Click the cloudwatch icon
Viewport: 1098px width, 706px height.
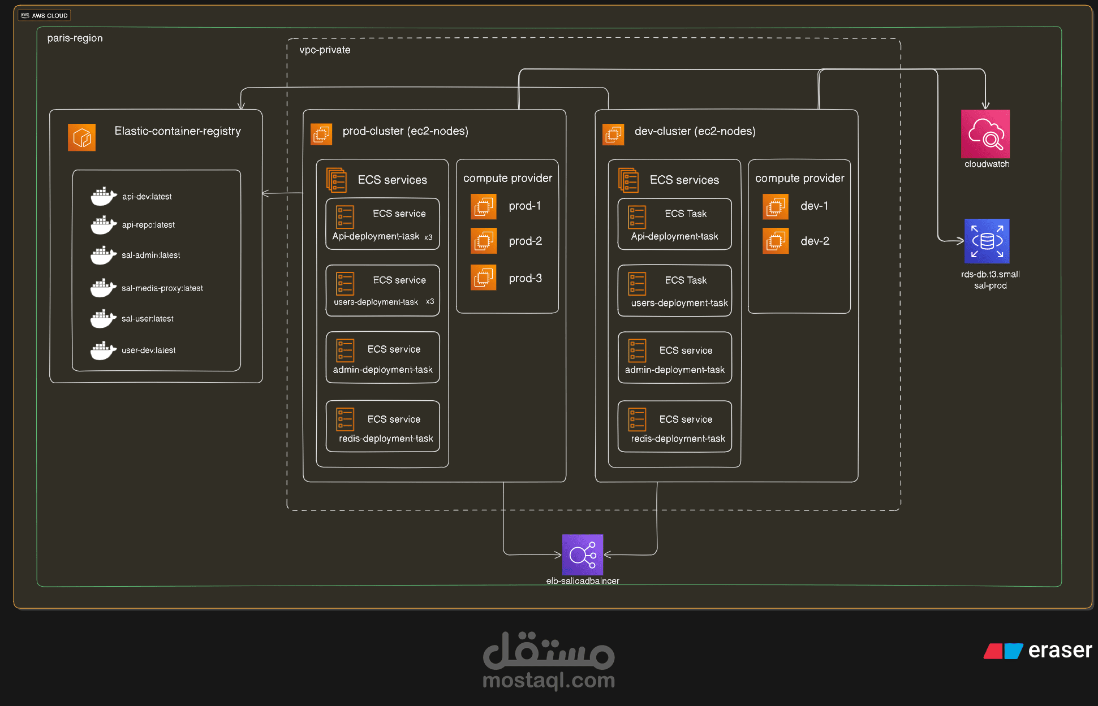pos(985,134)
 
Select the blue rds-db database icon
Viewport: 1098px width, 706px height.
pos(987,241)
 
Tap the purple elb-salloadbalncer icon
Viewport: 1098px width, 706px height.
pos(582,555)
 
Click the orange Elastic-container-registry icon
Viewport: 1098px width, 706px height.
pos(81,137)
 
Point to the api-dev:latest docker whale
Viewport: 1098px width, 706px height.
pos(103,196)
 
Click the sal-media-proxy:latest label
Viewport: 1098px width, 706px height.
pos(162,288)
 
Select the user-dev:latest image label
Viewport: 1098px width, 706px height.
pos(148,350)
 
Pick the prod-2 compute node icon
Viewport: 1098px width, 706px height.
pos(484,241)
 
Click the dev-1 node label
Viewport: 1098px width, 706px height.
pos(814,206)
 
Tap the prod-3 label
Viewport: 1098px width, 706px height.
pos(525,278)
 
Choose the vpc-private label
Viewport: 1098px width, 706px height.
pos(325,50)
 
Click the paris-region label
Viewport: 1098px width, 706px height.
pos(75,38)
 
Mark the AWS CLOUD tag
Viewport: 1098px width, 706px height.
pos(44,15)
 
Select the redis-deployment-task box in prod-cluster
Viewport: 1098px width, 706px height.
pos(383,427)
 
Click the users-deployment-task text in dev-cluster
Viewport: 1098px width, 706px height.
pos(679,303)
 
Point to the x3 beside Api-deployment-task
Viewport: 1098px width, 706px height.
pos(428,237)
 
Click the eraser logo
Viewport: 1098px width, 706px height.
pos(1038,651)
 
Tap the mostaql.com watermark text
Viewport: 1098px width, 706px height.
pos(548,680)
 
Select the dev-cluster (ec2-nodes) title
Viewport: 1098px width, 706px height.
pos(695,131)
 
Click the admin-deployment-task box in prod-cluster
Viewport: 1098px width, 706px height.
pos(383,358)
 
